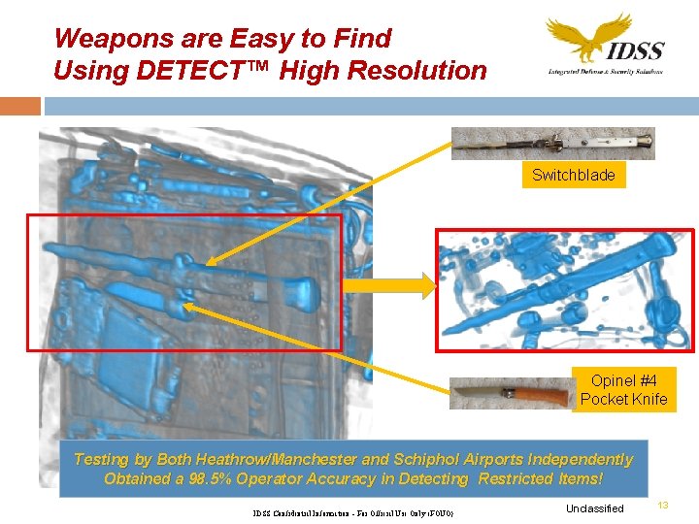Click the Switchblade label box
573,176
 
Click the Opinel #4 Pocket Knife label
623,390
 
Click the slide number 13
664,504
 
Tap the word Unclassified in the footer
594,508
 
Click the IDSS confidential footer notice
352,512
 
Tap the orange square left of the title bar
20,106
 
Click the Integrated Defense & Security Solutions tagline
605,72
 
